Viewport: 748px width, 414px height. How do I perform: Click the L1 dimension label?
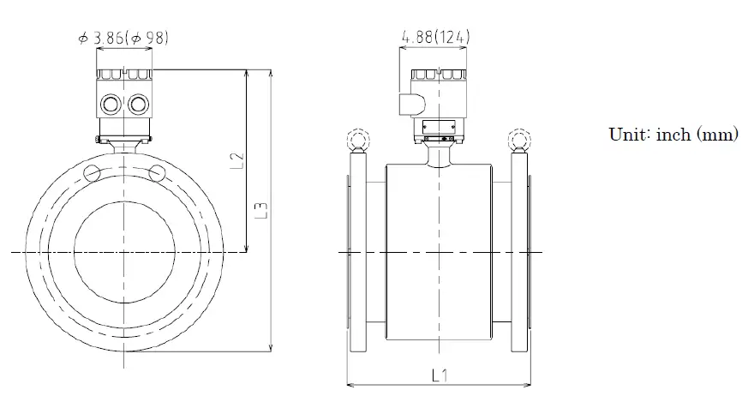pos(439,375)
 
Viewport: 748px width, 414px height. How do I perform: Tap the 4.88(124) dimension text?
pos(434,37)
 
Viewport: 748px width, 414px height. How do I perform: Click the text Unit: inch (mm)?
pos(673,135)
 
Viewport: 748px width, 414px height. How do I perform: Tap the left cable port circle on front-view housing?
pos(111,105)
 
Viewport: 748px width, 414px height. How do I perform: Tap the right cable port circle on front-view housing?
pos(137,105)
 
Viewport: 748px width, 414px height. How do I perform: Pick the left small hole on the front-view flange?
pos(93,173)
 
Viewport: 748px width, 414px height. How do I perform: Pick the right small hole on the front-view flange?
pos(156,173)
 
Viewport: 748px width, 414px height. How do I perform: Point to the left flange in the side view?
pos(356,253)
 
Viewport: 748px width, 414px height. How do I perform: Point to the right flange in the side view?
pos(519,253)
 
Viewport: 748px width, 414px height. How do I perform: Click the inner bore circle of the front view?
pos(124,253)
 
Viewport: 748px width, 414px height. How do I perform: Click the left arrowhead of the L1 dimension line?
pos(349,385)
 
